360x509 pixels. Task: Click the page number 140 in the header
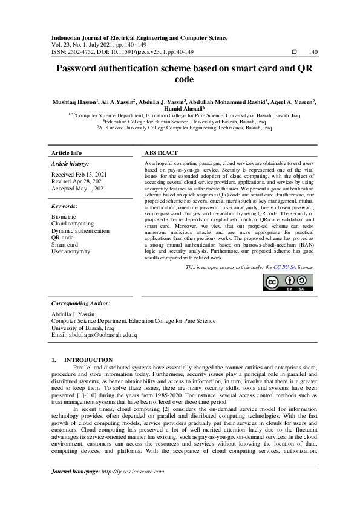[313, 52]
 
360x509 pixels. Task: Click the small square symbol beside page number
[294, 52]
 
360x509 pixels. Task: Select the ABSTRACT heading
[161, 153]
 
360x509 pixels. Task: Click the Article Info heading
[67, 153]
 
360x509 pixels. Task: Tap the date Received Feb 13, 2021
[79, 174]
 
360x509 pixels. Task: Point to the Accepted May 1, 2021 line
[79, 189]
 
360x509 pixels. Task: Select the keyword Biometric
[64, 216]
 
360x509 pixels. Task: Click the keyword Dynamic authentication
[80, 230]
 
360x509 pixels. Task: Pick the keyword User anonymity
[71, 251]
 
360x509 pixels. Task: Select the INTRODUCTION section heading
[88, 360]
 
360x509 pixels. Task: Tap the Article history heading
[70, 164]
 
